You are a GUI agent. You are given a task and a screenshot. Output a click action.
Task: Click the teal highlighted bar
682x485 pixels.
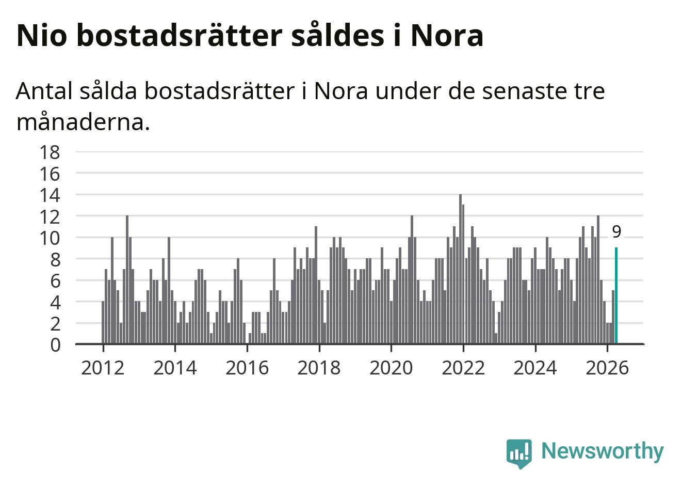click(616, 295)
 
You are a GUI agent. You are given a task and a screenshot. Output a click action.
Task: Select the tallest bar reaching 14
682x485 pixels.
click(460, 269)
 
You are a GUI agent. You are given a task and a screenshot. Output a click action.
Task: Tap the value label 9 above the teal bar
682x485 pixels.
click(616, 232)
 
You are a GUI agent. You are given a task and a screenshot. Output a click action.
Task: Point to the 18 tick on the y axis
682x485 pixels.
click(50, 152)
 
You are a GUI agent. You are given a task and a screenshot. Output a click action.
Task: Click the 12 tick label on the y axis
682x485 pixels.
click(50, 217)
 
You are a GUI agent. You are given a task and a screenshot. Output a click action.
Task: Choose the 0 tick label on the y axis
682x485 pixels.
click(55, 346)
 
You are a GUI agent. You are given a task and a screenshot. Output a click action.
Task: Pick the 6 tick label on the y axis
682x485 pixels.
click(55, 281)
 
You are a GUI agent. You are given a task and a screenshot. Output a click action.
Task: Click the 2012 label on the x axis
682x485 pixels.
click(103, 368)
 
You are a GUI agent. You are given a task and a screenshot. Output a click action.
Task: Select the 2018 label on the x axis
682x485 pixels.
click(319, 368)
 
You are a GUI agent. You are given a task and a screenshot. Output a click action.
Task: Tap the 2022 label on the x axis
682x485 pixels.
click(463, 368)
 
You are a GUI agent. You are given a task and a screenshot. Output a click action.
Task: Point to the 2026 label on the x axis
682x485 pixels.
click(607, 368)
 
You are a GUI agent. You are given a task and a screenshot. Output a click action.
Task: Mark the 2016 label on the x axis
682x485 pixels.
click(247, 368)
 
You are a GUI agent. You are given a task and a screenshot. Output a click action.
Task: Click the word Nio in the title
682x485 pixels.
click(42, 35)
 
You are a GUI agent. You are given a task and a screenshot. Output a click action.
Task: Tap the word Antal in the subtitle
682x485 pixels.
click(44, 91)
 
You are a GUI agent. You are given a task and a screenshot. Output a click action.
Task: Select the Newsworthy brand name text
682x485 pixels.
click(603, 451)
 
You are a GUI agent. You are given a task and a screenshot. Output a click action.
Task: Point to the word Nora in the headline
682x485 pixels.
click(447, 35)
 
